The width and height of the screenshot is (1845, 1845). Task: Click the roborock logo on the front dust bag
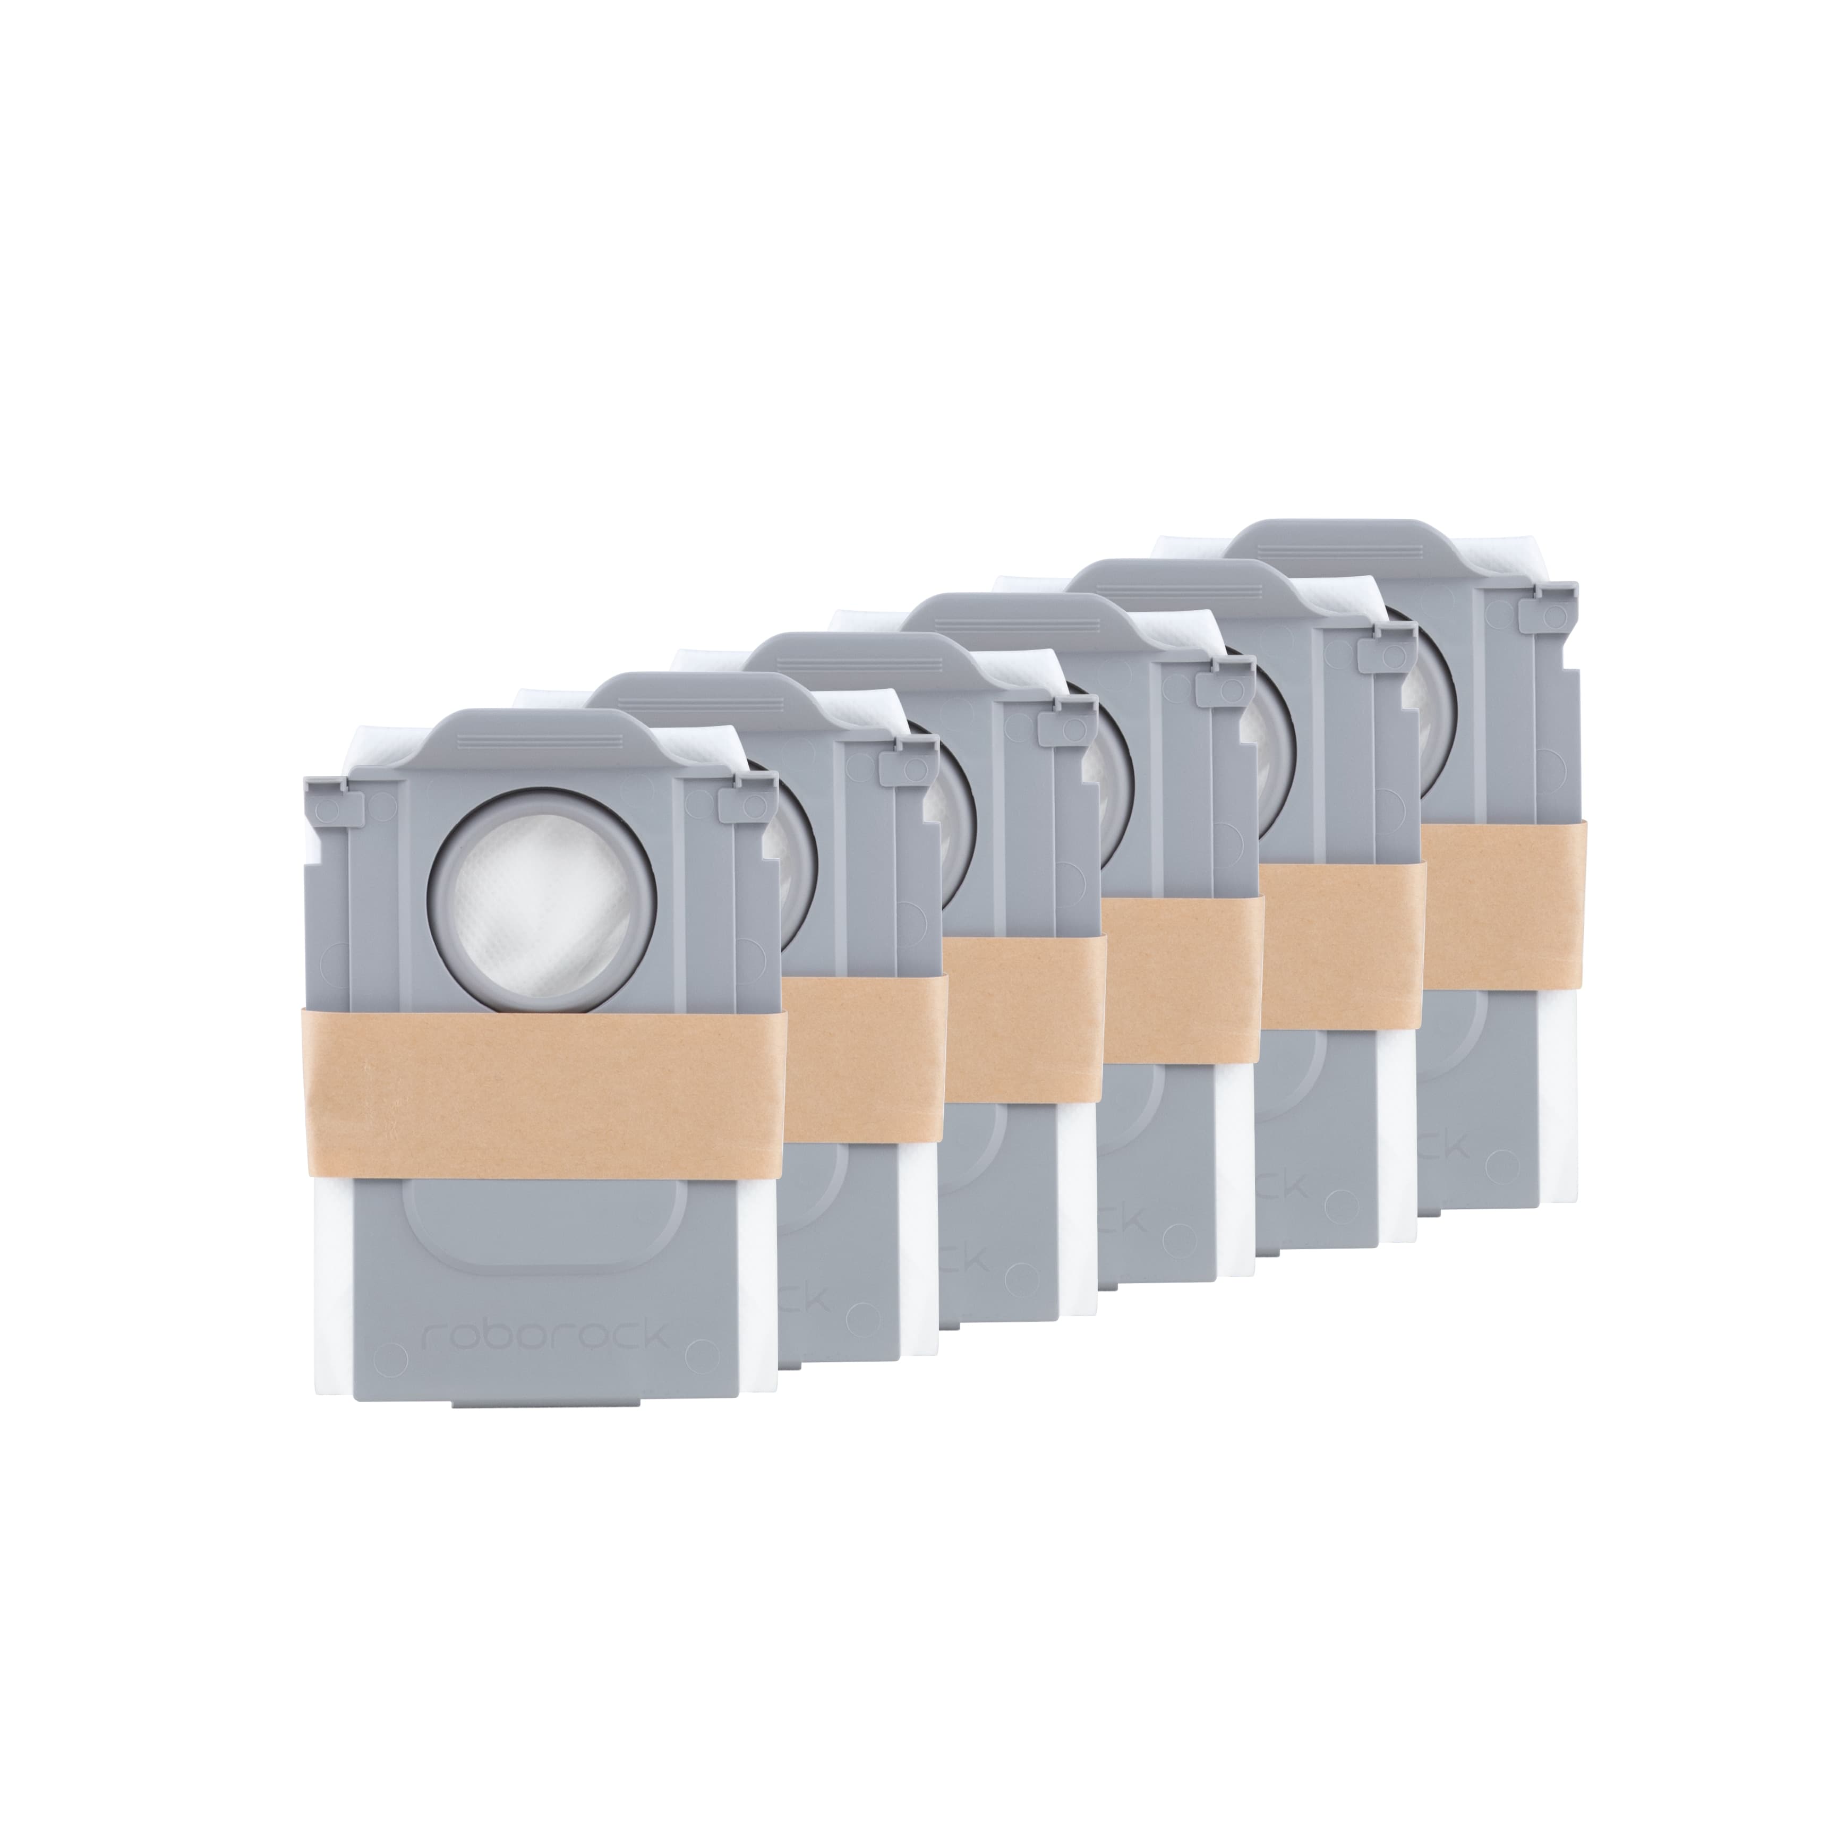tap(544, 1335)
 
